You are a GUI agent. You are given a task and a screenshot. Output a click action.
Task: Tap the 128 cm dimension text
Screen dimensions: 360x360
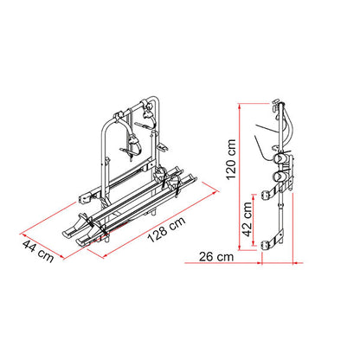(167, 229)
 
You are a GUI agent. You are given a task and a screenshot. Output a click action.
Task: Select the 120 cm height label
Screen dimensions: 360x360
(231, 159)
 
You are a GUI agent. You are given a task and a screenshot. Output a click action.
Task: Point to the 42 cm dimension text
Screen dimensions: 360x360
(247, 219)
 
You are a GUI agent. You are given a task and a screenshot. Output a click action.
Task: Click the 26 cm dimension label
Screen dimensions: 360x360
(216, 256)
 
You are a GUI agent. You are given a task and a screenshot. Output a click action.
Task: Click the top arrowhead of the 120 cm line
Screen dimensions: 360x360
(239, 106)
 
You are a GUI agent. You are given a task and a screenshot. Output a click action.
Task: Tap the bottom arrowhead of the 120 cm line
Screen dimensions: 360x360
(239, 247)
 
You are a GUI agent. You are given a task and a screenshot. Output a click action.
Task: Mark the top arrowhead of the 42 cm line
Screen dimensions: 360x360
(254, 197)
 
